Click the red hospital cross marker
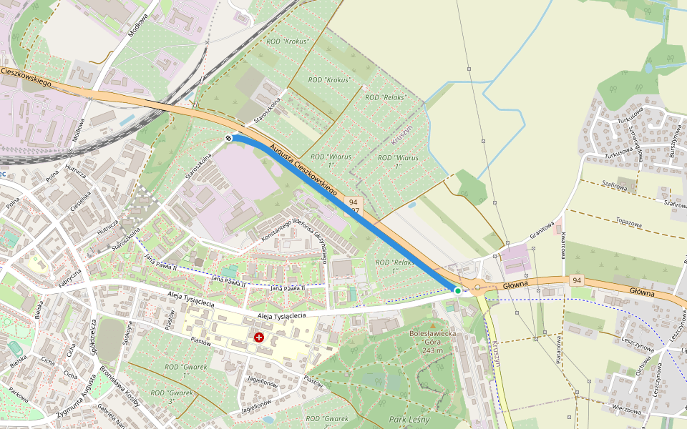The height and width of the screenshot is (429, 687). point(258,336)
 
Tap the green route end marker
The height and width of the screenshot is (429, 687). point(457,290)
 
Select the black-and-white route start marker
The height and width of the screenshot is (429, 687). point(228,138)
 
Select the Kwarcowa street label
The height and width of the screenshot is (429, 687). point(564,245)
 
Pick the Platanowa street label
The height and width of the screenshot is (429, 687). point(559,348)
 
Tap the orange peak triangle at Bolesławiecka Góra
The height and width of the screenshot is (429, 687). point(432,326)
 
